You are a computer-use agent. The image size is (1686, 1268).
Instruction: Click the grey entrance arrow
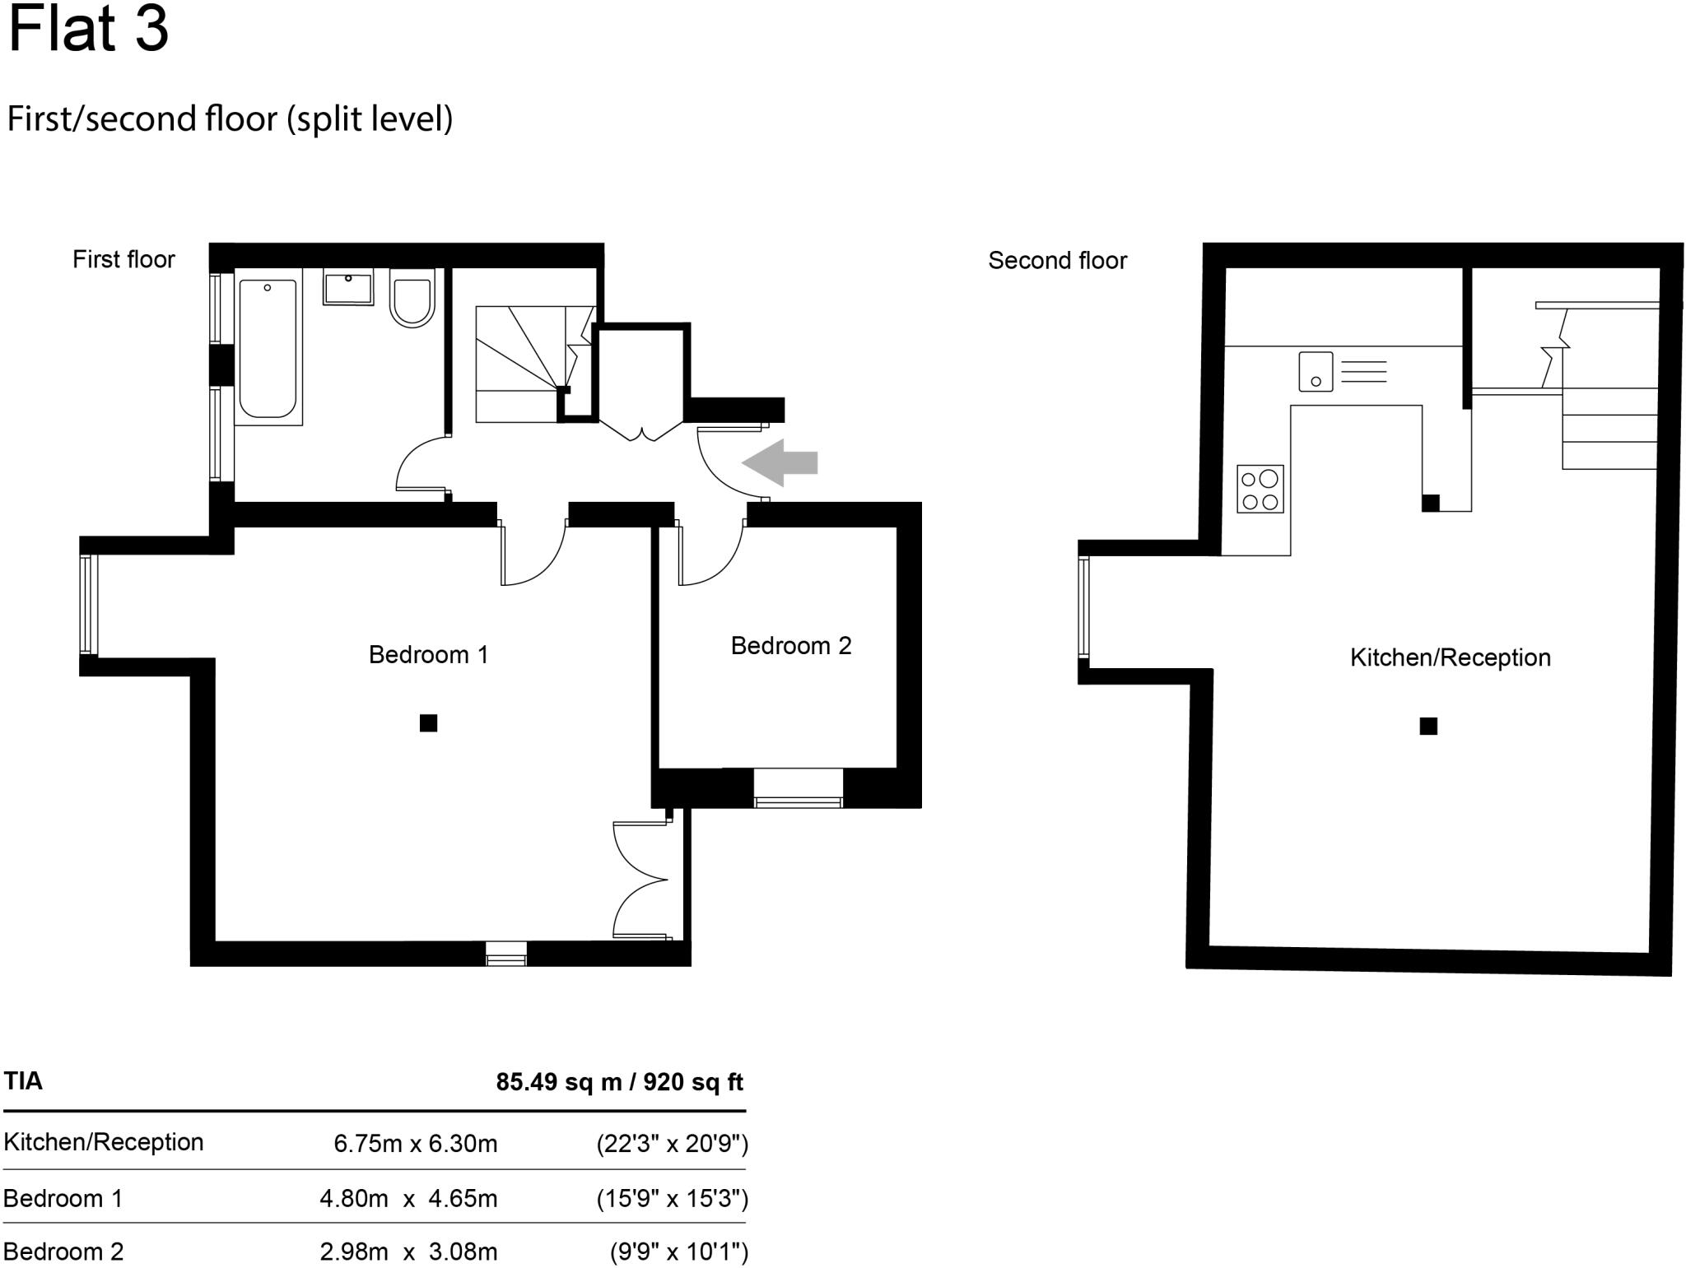780,462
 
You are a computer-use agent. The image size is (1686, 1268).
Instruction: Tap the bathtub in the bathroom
267,349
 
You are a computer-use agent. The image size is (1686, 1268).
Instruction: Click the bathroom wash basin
347,287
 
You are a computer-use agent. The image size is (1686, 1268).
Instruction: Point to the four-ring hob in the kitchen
1260,489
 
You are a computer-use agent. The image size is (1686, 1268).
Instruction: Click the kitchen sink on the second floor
1316,371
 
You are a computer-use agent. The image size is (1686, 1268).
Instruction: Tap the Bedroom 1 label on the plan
428,655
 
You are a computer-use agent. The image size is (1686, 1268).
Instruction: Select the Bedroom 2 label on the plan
790,646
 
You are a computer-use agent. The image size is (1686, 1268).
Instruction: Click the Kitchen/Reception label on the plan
1450,657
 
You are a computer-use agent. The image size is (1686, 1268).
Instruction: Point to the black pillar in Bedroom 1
428,722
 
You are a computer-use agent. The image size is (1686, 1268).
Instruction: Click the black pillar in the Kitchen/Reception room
1428,726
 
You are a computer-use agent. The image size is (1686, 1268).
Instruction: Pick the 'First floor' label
123,260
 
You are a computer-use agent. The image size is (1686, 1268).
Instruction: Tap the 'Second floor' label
1057,261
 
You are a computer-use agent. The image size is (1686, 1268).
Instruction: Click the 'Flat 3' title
88,30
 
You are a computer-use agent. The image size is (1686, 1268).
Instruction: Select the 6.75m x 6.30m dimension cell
415,1144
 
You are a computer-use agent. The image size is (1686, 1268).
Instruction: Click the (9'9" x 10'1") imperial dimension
678,1252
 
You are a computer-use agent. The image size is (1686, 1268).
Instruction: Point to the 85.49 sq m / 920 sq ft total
619,1082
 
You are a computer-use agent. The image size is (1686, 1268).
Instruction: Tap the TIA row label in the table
23,1081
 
